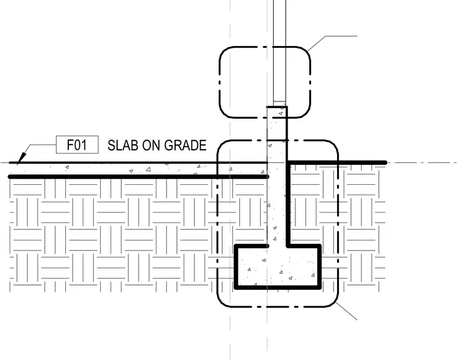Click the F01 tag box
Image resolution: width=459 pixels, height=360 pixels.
77,144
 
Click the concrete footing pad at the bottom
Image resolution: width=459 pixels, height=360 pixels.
278,267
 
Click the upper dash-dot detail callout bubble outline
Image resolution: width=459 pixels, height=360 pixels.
220,82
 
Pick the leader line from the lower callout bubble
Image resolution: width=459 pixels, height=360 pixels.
346,311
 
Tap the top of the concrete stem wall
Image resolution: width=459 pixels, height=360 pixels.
277,107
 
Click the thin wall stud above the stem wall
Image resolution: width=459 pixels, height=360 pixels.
280,51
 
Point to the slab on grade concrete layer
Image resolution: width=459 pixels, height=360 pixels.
138,170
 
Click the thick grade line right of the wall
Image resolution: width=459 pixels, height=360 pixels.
337,162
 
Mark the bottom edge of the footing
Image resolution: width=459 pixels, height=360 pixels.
278,288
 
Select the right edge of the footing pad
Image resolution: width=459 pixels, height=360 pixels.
319,267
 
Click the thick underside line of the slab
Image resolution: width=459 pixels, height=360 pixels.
138,176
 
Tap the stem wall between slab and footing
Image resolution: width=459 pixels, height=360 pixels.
277,211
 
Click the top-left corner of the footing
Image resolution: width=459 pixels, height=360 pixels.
236,246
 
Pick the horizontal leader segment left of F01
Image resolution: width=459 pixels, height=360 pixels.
43,144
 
